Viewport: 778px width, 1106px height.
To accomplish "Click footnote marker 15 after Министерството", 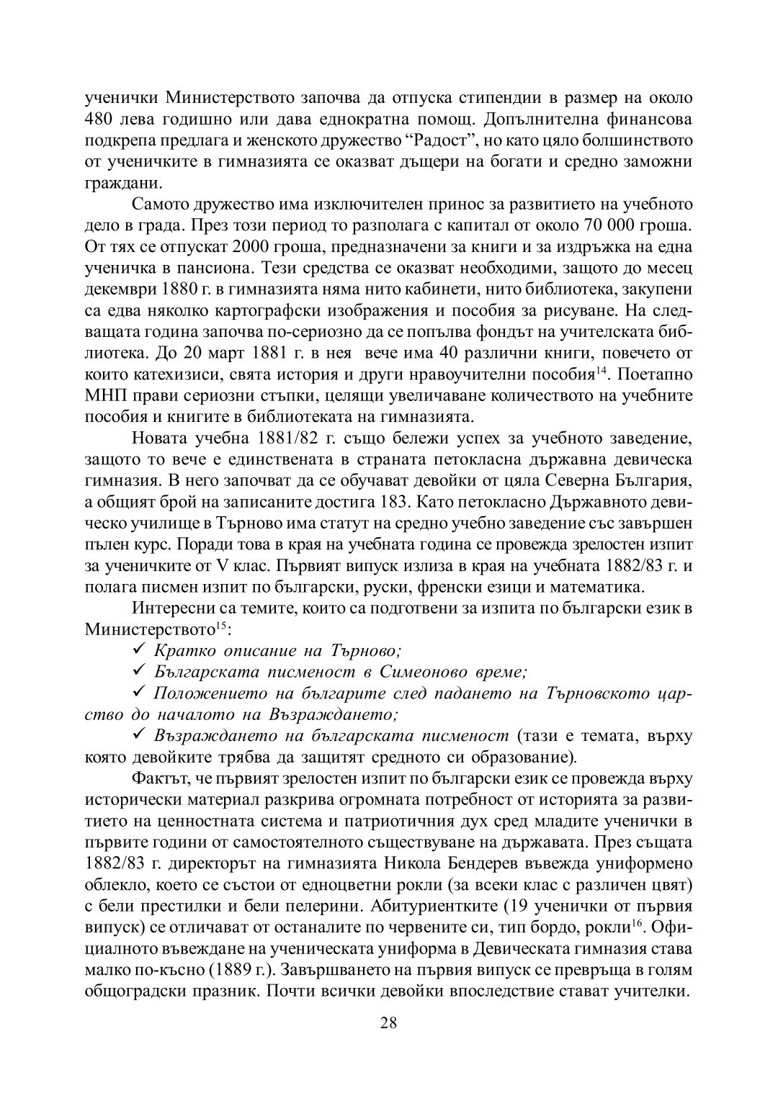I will [x=223, y=624].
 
